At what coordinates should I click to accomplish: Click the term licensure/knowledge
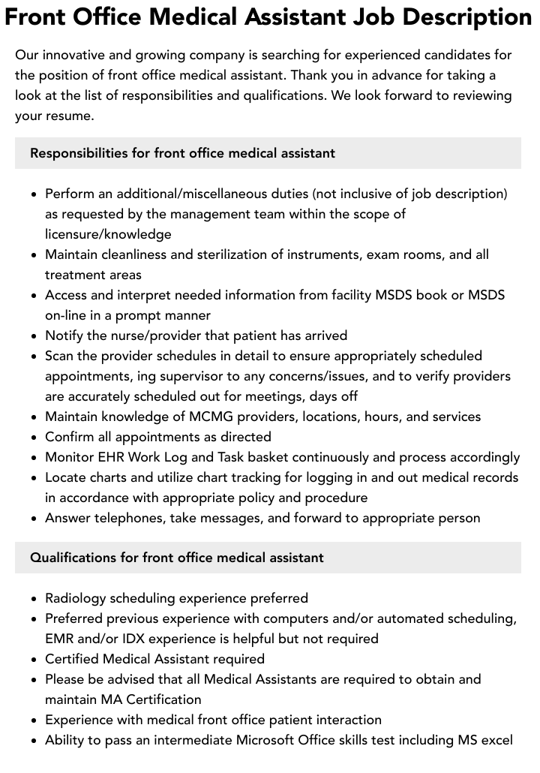click(108, 234)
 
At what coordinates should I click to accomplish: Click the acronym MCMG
click(204, 417)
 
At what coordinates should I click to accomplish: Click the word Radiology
click(75, 598)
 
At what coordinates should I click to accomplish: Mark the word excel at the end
click(496, 740)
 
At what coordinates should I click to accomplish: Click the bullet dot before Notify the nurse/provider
click(34, 336)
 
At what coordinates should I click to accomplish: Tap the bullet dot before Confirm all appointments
click(34, 438)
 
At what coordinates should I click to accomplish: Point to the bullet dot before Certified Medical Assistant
click(34, 660)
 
